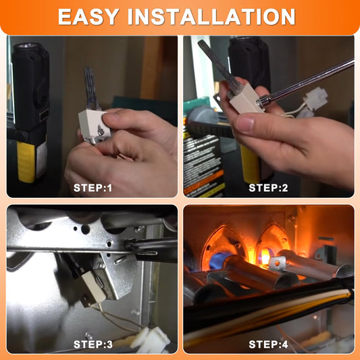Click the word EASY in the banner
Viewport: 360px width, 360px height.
(88, 16)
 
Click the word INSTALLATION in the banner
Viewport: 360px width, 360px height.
(211, 16)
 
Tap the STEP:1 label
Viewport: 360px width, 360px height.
(93, 188)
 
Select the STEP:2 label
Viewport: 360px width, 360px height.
(268, 188)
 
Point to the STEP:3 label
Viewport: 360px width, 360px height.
(93, 344)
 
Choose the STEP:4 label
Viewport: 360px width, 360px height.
(268, 344)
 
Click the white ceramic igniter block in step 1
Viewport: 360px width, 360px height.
(93, 125)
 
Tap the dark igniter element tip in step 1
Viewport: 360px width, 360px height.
(91, 86)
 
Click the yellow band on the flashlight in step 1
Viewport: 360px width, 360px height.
(26, 161)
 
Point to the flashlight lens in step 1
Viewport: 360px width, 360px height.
(27, 46)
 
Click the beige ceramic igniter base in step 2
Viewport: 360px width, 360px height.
(246, 99)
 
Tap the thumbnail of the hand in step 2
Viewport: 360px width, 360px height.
(245, 123)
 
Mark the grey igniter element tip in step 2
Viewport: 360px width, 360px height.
(218, 62)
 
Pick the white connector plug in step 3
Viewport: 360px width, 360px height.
(151, 340)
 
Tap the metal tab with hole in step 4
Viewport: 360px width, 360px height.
(277, 263)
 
